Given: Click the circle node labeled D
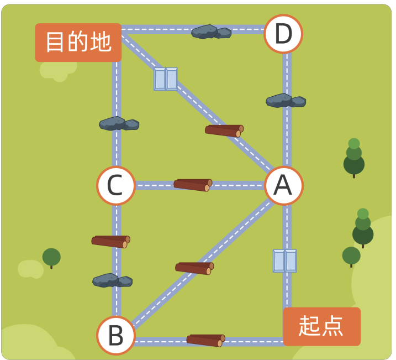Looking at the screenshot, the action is click(x=283, y=34).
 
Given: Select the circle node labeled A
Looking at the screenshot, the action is click(x=283, y=186).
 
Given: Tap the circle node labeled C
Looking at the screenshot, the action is click(x=116, y=186).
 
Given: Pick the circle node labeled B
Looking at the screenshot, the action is click(x=116, y=336).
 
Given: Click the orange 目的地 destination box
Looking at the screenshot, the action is click(x=78, y=43).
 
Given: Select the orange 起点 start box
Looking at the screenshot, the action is click(x=322, y=326).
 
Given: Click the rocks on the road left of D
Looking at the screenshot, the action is click(x=211, y=32).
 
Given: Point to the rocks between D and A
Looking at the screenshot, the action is click(x=286, y=101).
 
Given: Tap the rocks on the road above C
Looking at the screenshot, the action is click(x=119, y=124).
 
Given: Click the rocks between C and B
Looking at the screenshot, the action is click(x=112, y=280).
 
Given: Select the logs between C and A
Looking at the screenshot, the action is click(x=193, y=185).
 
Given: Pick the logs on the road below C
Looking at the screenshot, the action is click(x=111, y=242).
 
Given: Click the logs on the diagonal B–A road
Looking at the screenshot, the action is click(x=194, y=269).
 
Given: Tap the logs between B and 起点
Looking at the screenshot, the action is click(x=206, y=341).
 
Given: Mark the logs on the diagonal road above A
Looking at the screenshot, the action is click(x=224, y=131).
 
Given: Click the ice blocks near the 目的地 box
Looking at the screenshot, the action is click(x=166, y=79).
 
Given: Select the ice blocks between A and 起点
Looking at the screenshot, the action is click(x=284, y=261).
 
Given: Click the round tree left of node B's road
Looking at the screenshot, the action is click(x=51, y=258).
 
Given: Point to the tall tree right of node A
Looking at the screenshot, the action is click(x=354, y=158).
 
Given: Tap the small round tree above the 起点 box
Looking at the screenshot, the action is click(x=351, y=257).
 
